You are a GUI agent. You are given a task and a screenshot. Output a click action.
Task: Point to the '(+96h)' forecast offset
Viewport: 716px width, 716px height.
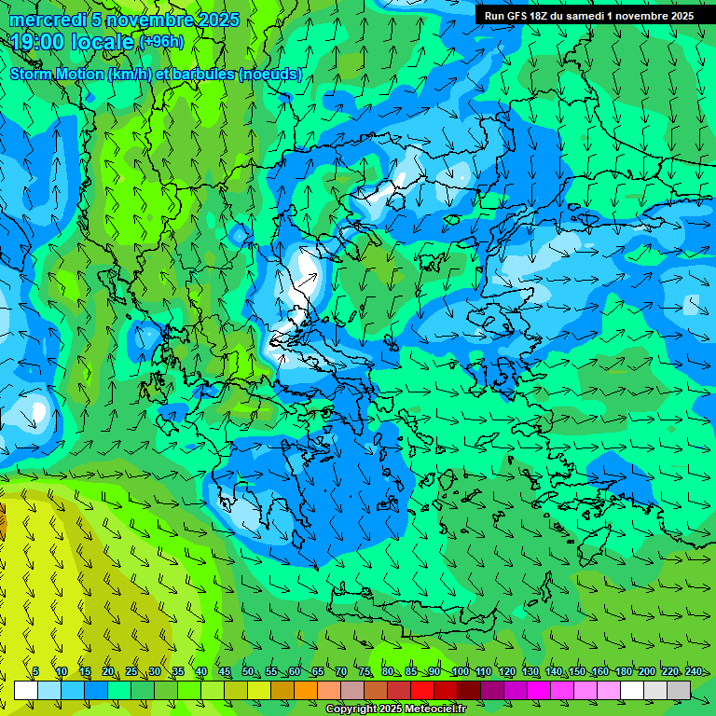161,42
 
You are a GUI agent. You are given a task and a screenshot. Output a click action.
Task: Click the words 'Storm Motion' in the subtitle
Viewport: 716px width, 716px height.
58,75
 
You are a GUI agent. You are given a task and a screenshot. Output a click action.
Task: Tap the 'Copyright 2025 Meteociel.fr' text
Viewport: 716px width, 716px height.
395,709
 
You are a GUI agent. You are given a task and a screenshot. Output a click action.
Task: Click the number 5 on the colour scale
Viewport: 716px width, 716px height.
35,672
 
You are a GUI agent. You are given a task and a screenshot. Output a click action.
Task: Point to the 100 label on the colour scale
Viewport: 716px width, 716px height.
460,672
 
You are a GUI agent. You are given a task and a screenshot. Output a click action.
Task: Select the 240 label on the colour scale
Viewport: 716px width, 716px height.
694,672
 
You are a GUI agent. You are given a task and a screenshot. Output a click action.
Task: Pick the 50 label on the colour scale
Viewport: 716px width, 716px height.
247,672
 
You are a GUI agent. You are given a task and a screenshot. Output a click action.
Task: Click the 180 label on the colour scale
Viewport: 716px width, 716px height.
623,672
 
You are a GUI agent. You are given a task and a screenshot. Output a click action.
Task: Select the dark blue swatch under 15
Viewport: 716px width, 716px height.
96,690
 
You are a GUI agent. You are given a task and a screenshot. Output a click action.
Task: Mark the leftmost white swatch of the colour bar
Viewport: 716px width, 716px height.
26,690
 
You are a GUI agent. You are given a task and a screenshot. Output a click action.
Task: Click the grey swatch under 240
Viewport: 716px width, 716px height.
679,690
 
